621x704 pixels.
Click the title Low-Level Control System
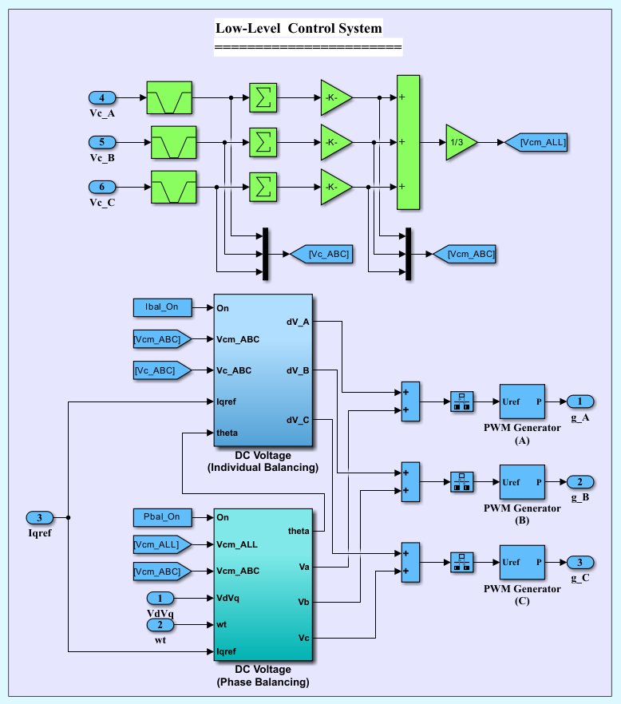299,29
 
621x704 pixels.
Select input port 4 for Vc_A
102,98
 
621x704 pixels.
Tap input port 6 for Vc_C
102,187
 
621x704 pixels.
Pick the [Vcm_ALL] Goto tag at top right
537,142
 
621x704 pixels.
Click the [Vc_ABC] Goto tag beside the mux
321,254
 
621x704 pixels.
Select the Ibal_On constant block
162,307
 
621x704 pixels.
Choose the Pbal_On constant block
162,517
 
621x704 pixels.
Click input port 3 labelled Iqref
40,517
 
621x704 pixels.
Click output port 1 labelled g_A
580,401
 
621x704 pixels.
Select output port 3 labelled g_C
580,562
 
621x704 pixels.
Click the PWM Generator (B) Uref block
522,482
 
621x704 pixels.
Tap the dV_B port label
298,370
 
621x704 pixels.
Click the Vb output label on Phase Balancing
303,602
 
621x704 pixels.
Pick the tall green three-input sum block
408,143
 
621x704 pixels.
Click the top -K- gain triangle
335,98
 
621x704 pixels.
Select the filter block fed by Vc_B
173,142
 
